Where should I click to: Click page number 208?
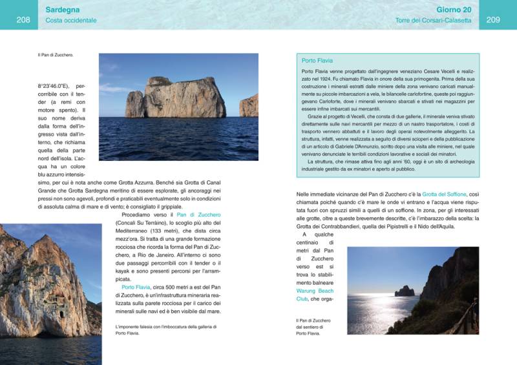23,20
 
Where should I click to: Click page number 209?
493,20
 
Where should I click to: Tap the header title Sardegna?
63,10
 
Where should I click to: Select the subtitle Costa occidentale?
71,21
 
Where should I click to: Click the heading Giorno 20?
454,10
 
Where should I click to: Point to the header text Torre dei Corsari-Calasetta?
433,21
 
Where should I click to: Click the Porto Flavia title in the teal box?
317,60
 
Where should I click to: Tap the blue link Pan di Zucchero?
199,214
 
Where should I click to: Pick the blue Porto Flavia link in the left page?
136,286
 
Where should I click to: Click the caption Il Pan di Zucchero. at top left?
56,55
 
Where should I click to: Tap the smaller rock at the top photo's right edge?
249,105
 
